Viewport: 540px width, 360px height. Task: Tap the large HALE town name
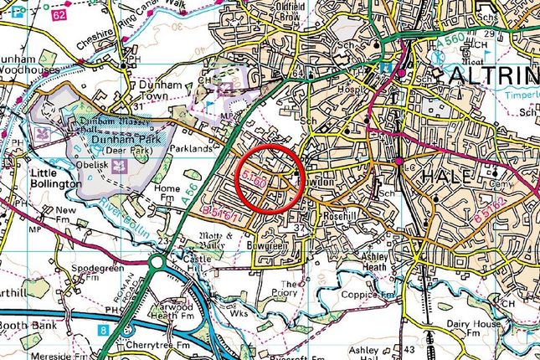[x=449, y=177]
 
